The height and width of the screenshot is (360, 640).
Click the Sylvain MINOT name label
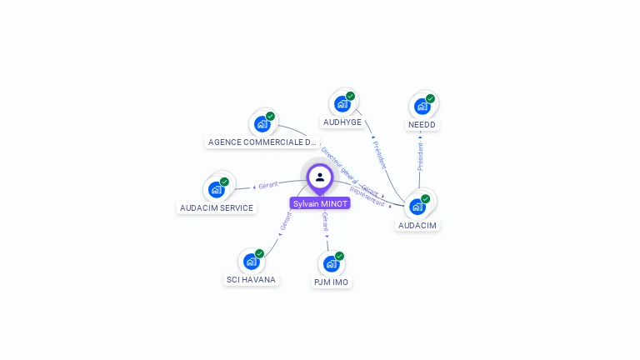[x=320, y=203]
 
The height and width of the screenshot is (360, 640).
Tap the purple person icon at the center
[x=320, y=177]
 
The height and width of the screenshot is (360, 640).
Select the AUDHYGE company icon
[x=342, y=104]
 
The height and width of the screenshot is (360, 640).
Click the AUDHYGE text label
[x=342, y=122]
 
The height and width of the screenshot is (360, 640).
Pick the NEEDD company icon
[x=422, y=106]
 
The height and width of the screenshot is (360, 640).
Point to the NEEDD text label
[x=422, y=125]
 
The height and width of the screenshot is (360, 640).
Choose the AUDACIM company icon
[x=417, y=206]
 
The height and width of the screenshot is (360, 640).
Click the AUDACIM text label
[x=417, y=225]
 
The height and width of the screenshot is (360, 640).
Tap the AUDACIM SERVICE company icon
[x=217, y=189]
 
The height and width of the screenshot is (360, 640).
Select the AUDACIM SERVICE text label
[x=217, y=208]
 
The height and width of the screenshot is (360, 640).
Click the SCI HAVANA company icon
[x=251, y=262]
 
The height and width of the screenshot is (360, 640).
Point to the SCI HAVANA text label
[x=251, y=280]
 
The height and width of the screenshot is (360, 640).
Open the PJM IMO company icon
[x=332, y=264]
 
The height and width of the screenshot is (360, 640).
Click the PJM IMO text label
[x=332, y=282]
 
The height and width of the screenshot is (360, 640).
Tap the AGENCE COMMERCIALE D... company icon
[x=262, y=124]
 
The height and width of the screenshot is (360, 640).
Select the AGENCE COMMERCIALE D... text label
[x=262, y=142]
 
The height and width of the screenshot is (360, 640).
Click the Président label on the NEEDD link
[x=421, y=156]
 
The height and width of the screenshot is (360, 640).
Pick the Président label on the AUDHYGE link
[x=379, y=155]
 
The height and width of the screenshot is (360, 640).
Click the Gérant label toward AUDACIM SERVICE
[x=267, y=185]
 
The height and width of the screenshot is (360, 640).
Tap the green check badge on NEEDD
[x=430, y=98]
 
